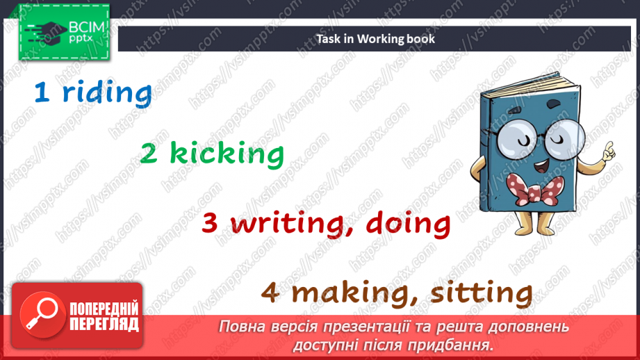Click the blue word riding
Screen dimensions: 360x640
107,94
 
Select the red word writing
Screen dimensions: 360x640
293,224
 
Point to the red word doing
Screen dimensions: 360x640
409,224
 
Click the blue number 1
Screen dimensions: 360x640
42,94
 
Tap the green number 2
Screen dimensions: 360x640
149,154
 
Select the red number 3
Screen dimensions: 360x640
211,224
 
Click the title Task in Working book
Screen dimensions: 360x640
376,38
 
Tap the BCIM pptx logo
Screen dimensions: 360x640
63,31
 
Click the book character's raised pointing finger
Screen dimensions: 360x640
609,148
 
